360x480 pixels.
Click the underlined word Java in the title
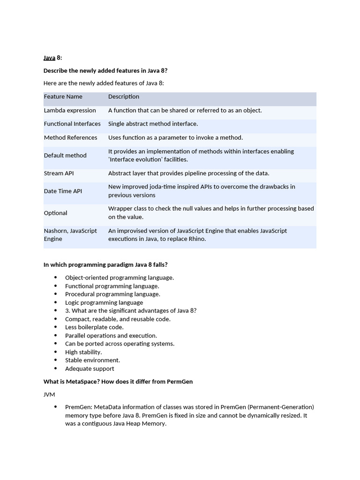click(49, 58)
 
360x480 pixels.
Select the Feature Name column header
click(63, 97)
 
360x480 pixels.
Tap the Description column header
click(124, 97)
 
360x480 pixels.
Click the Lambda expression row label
click(70, 111)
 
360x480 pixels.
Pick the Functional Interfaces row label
click(72, 124)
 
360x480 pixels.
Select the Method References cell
click(70, 137)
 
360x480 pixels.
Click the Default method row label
click(65, 155)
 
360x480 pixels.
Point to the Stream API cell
click(59, 173)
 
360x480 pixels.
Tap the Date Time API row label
click(63, 191)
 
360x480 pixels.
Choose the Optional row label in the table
click(56, 213)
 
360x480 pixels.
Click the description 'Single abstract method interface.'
click(153, 124)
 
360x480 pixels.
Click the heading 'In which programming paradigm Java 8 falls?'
click(105, 265)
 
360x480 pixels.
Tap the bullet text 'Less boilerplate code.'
click(94, 327)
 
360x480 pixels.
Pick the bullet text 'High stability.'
click(83, 352)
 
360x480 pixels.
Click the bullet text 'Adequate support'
click(90, 368)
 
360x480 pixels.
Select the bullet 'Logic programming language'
click(104, 302)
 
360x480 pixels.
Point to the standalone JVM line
click(49, 395)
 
